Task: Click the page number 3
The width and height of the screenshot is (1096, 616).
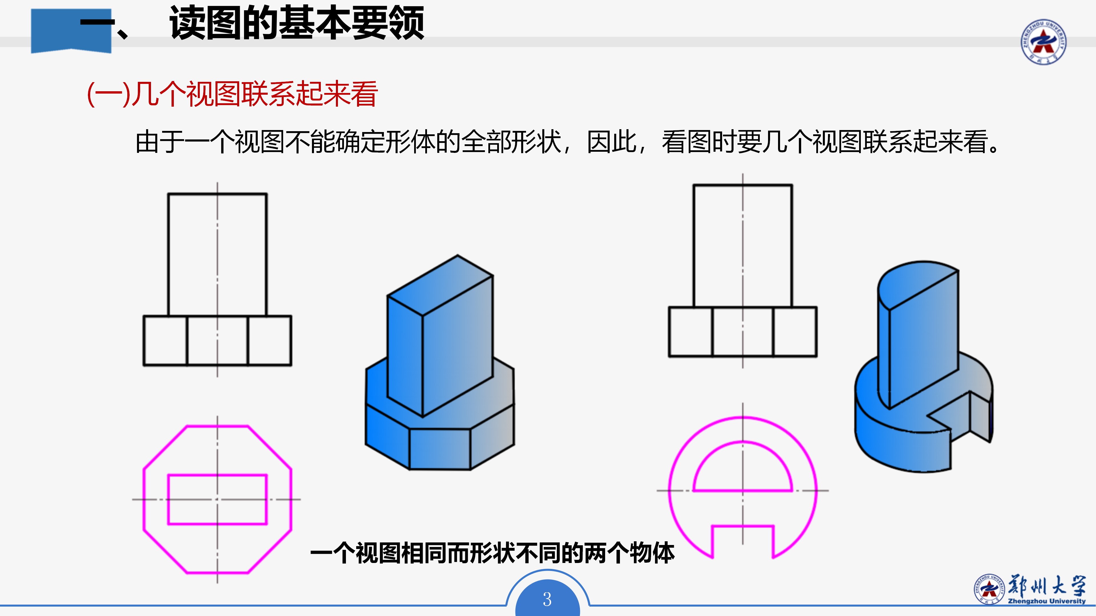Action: [547, 599]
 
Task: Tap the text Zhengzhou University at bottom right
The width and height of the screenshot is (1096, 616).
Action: [1046, 601]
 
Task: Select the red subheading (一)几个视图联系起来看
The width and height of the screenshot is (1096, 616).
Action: [232, 94]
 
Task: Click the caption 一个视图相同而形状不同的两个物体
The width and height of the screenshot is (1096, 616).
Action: [492, 553]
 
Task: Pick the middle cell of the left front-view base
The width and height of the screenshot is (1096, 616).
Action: [217, 341]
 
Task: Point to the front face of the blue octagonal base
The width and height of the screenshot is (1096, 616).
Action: [440, 449]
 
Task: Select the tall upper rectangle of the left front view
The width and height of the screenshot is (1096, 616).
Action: [217, 254]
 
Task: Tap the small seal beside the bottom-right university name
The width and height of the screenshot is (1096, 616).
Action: [989, 589]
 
